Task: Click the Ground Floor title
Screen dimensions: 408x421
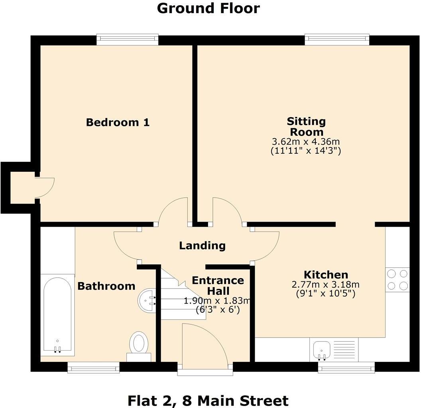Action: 208,8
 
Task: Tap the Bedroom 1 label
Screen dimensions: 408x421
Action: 118,122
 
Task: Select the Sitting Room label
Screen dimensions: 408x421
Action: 306,126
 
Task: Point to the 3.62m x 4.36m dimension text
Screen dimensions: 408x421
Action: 306,142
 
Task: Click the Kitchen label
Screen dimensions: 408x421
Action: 326,275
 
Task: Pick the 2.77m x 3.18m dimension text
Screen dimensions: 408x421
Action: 326,285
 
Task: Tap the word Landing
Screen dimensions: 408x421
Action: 202,245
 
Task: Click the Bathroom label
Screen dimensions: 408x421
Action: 106,286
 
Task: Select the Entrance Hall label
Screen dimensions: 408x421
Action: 218,285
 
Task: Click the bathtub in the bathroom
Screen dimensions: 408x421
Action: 57,315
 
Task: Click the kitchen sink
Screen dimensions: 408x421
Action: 321,349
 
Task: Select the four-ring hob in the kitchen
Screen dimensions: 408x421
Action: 397,280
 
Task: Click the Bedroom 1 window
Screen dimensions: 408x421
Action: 128,39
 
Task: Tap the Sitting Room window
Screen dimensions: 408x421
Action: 337,39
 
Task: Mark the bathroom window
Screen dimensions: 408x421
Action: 93,367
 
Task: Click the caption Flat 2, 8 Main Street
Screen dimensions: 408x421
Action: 208,400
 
